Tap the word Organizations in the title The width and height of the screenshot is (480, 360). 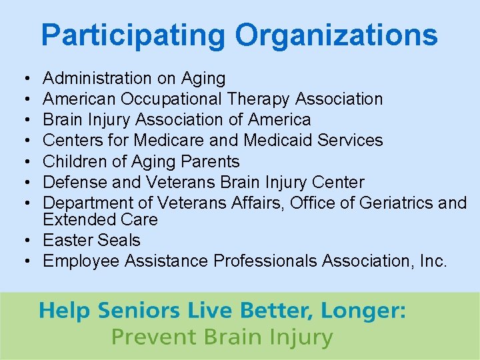tap(337, 35)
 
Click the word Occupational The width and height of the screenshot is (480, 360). tap(172, 99)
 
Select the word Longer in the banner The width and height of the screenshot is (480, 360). tap(364, 311)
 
